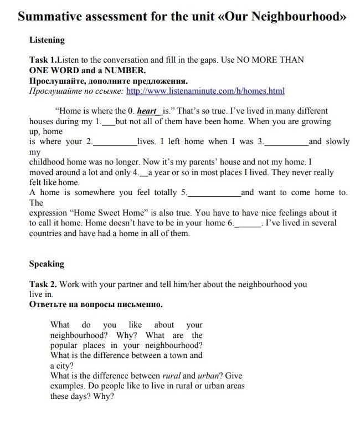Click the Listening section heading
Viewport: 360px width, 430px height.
pos(47,40)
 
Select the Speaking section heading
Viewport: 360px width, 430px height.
pos(47,264)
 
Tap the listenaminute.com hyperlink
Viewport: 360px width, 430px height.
pos(205,91)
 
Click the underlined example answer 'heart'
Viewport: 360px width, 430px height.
pos(147,111)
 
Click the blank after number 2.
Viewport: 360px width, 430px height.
pos(115,142)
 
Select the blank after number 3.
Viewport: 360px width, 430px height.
pos(286,142)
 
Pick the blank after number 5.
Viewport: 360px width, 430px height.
pos(214,193)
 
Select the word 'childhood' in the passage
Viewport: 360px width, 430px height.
pos(48,162)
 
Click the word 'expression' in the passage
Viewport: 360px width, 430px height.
pos(48,213)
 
